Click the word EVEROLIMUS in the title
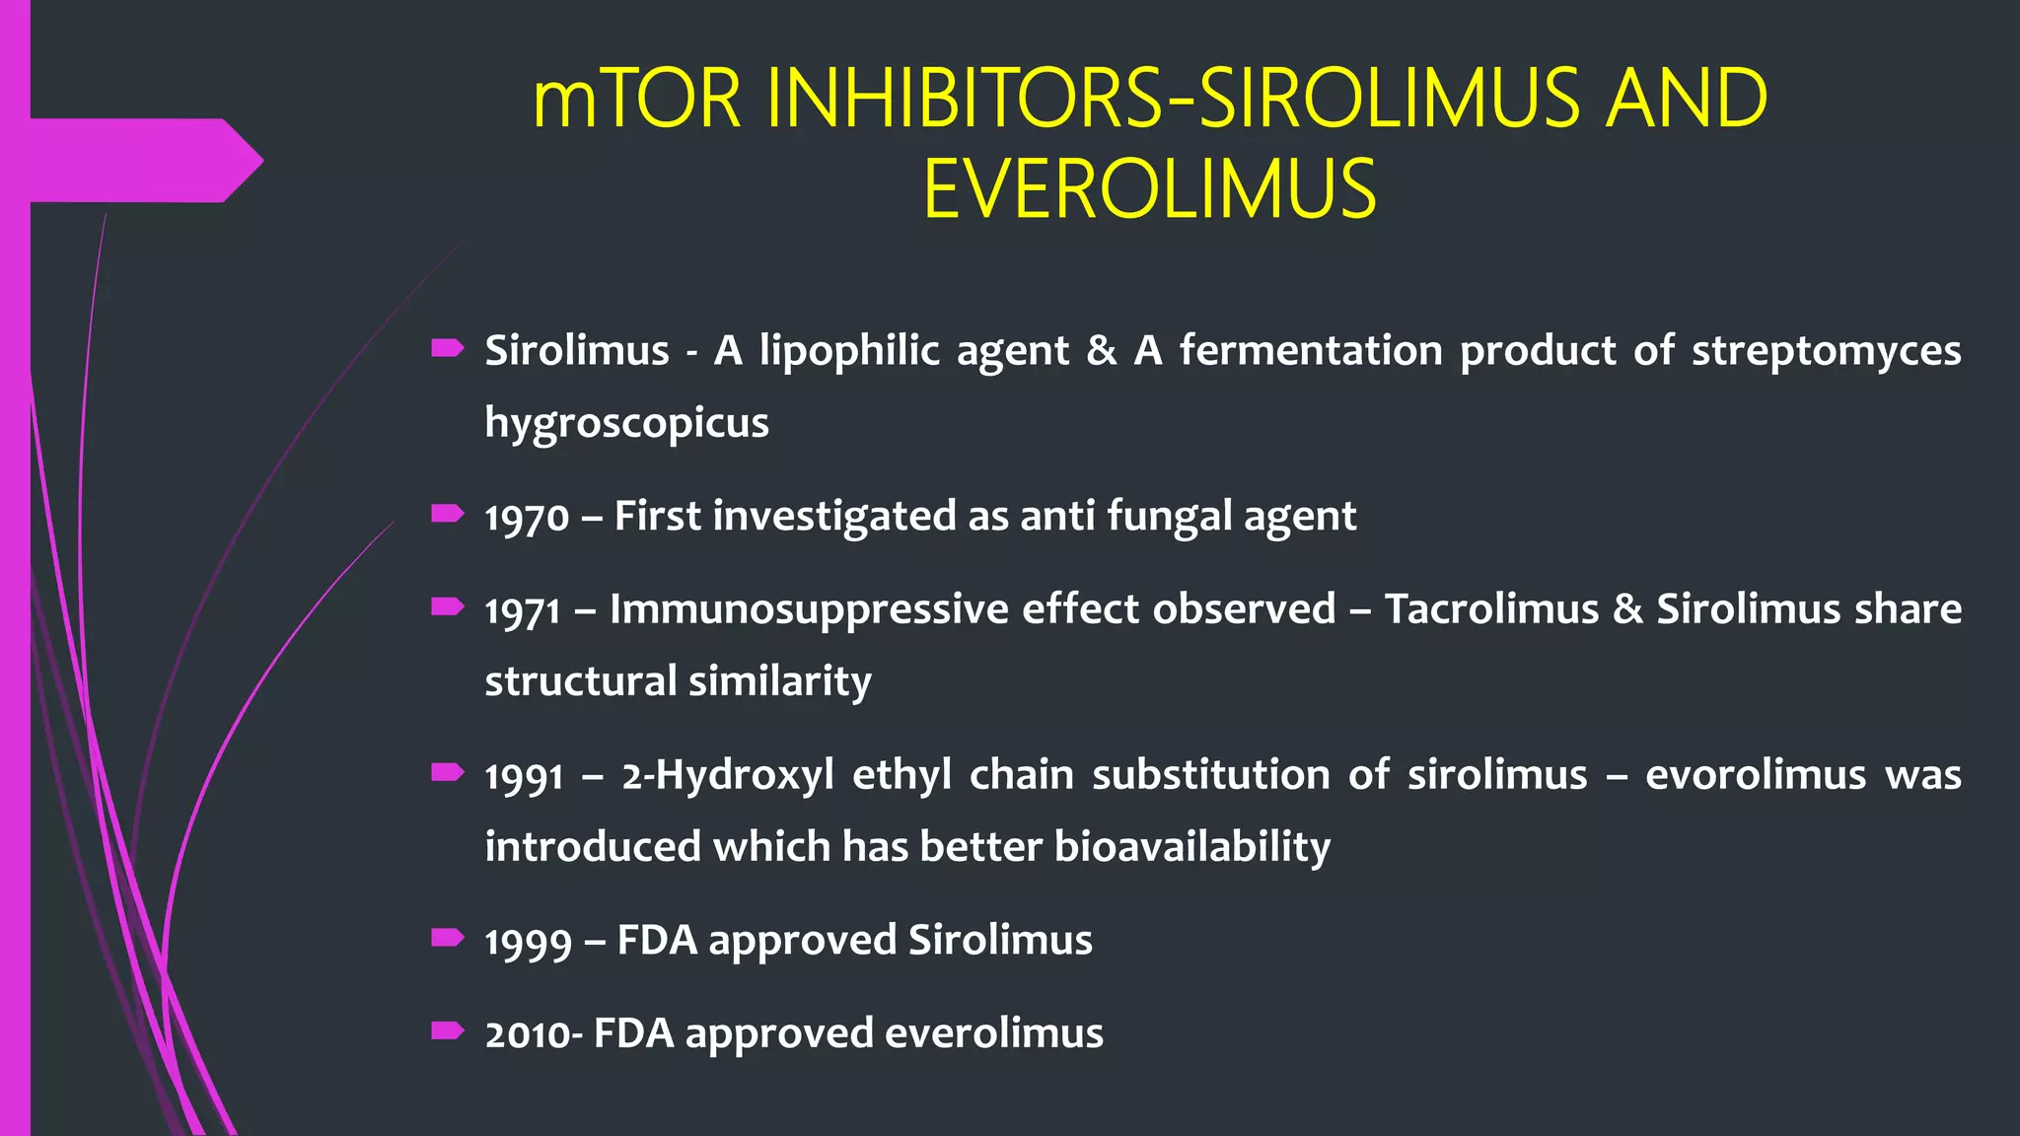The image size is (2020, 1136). [x=1149, y=189]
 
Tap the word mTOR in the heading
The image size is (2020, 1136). [x=636, y=99]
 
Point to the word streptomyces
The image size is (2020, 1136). [x=1826, y=351]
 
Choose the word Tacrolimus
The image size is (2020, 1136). [x=1491, y=609]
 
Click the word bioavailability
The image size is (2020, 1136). [x=1192, y=847]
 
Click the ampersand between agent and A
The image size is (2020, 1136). [x=1101, y=351]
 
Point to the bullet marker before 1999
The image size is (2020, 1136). [x=448, y=937]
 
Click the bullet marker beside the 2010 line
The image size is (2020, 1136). [x=448, y=1030]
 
